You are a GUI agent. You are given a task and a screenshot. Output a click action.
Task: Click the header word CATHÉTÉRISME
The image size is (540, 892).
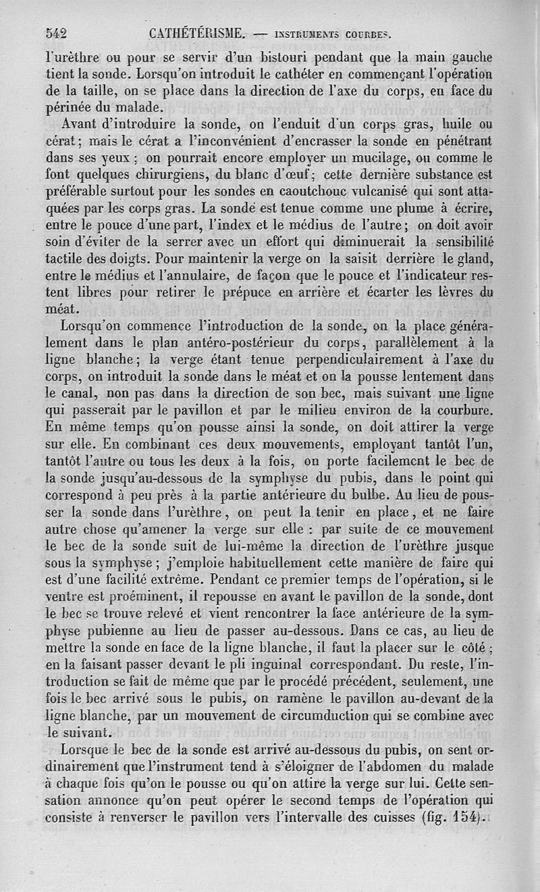click(x=192, y=31)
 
